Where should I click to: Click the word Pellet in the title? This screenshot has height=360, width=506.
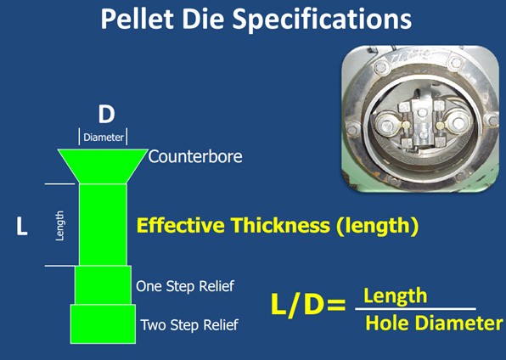138,19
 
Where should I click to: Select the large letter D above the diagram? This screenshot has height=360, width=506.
106,115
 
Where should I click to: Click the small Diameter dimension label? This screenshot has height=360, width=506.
104,138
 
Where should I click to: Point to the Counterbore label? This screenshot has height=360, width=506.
195,156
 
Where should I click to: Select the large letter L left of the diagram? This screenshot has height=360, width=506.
21,226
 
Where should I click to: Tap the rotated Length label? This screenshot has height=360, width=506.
59,226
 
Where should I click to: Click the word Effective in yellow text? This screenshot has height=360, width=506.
181,225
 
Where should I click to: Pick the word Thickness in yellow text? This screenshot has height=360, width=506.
280,225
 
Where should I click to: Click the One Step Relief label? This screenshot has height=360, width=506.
185,286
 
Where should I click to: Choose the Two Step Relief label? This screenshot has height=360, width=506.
189,325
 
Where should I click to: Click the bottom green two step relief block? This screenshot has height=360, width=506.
103,323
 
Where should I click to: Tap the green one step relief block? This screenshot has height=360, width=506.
103,285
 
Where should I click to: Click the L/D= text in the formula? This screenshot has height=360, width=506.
308,304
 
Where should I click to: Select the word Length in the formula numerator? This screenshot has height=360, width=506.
396,296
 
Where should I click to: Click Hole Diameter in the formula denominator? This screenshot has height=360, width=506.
434,323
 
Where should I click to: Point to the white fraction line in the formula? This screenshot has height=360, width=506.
416,309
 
